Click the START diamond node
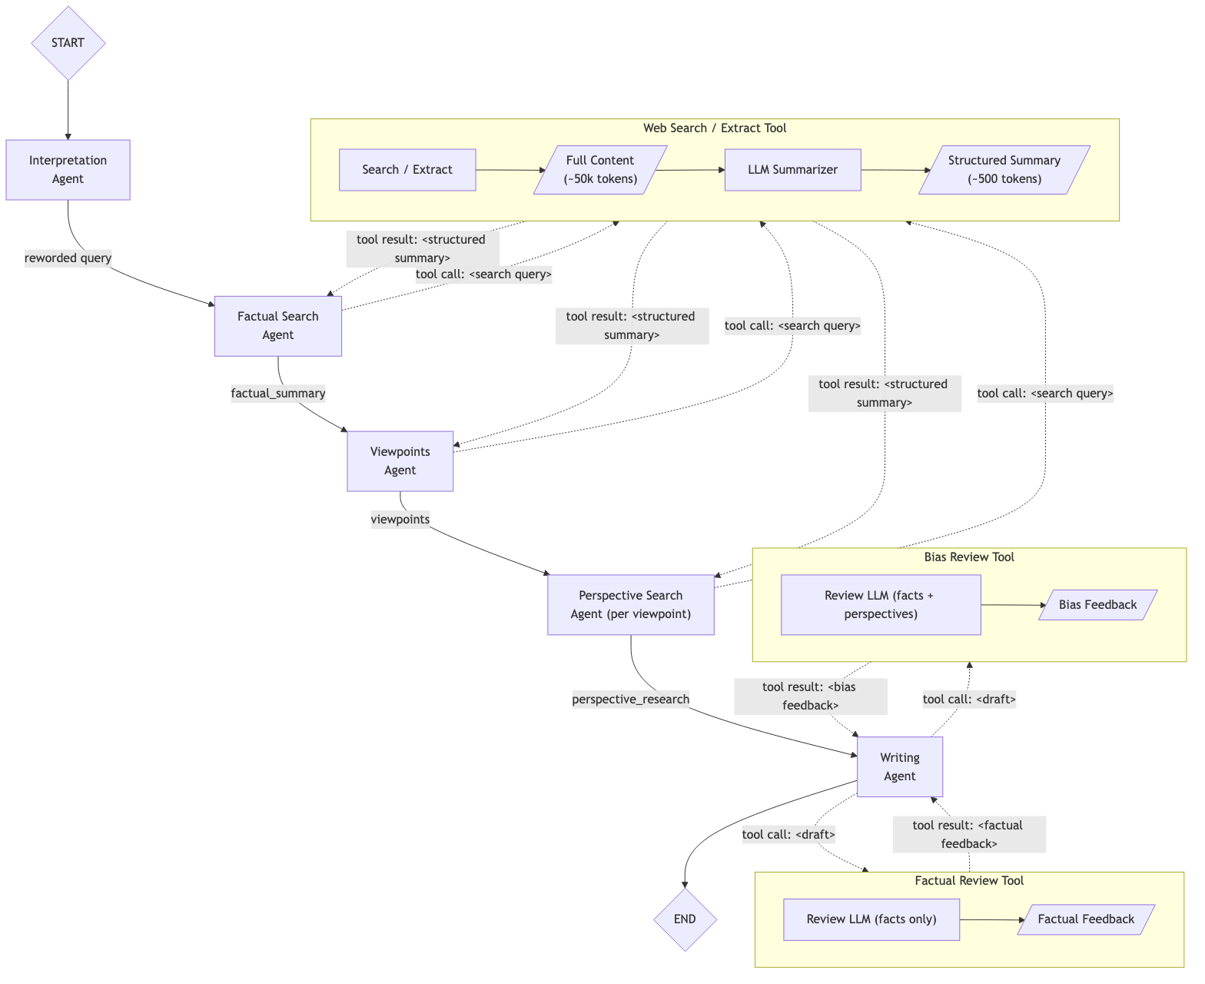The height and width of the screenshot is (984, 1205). click(x=68, y=43)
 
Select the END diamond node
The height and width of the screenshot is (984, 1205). click(x=685, y=919)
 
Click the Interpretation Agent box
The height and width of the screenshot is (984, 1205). click(x=68, y=170)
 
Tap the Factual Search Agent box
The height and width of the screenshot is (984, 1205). click(x=277, y=326)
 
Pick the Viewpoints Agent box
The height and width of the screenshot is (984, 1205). click(x=400, y=461)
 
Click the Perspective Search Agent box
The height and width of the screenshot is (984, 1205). click(x=630, y=605)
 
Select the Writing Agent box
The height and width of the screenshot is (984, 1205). click(x=899, y=767)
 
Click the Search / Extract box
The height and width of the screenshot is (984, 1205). click(x=407, y=170)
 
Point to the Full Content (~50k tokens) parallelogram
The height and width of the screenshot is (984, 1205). click(x=599, y=170)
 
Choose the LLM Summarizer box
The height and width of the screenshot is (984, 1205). click(x=792, y=170)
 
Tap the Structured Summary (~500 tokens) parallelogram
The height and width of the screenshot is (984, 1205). click(x=1004, y=170)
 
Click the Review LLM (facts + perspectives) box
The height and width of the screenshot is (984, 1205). click(x=880, y=605)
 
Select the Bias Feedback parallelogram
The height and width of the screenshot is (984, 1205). click(x=1097, y=605)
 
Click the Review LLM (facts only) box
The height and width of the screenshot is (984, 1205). click(x=871, y=919)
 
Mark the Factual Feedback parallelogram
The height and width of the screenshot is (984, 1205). click(x=1085, y=919)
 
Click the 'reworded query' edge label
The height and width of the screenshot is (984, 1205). click(x=68, y=258)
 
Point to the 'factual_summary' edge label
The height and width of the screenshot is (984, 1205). click(x=278, y=394)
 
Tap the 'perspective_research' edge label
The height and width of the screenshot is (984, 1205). click(x=630, y=700)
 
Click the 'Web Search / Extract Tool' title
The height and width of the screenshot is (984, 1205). click(x=715, y=128)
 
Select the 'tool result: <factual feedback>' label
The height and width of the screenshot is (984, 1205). click(x=968, y=835)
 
